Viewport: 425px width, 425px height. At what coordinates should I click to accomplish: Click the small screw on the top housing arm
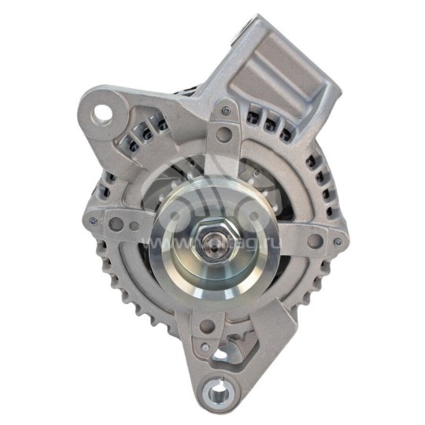pos(226,111)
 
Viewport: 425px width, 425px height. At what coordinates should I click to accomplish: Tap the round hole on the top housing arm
pos(224,135)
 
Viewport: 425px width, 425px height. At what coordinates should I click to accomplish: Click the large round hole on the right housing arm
pos(313,241)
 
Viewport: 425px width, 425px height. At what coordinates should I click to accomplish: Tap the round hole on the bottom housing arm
pos(206,326)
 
